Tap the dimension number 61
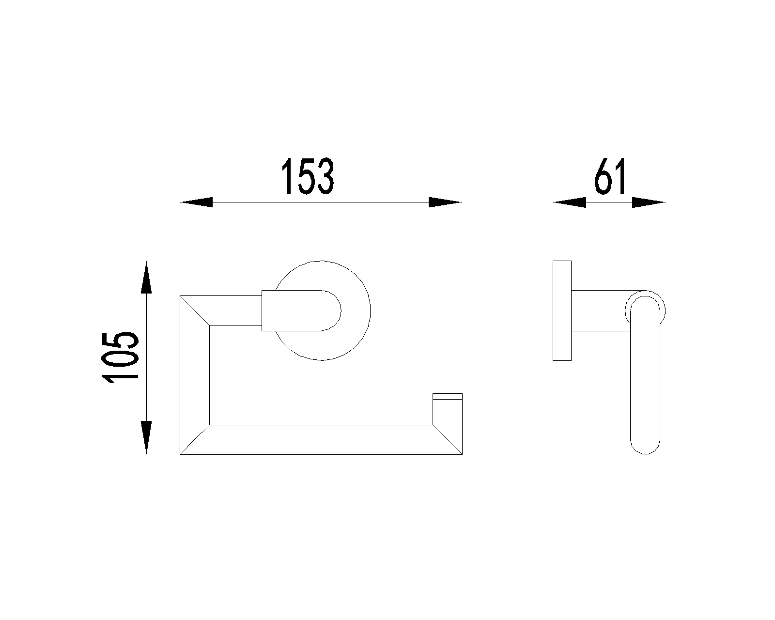pyautogui.click(x=610, y=176)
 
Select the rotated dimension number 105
pyautogui.click(x=120, y=358)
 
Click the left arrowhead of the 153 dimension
pyautogui.click(x=196, y=202)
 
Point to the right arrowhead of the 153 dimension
pyautogui.click(x=446, y=202)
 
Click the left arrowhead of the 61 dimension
pyautogui.click(x=569, y=202)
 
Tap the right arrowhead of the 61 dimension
pyautogui.click(x=649, y=202)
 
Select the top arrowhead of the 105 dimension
pyautogui.click(x=146, y=277)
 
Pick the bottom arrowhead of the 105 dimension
pyautogui.click(x=146, y=437)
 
